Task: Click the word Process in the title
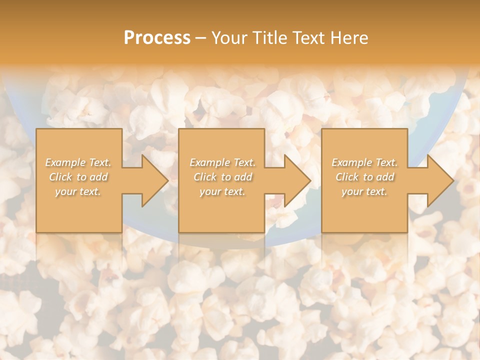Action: point(157,38)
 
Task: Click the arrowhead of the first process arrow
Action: point(154,180)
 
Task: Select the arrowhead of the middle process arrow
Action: point(297,180)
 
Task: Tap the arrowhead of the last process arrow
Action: point(440,180)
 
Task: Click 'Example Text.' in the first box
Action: point(78,162)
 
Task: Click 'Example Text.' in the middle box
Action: point(222,162)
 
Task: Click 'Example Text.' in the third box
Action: point(364,162)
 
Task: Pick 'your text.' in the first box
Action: point(78,191)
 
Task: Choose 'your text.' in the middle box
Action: point(222,191)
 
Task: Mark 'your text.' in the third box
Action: point(364,191)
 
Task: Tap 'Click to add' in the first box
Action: point(78,177)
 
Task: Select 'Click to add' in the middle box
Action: point(222,177)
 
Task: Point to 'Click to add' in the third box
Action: point(364,177)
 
